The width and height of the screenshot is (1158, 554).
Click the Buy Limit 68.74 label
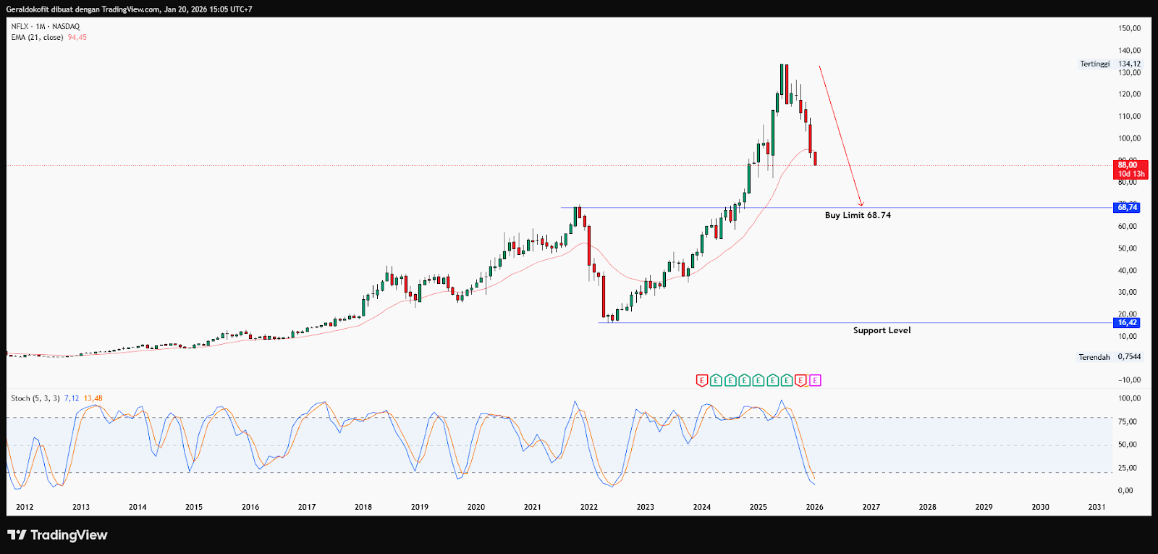coord(858,215)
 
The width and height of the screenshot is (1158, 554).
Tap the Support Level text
coord(882,330)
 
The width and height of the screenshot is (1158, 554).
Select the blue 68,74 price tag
coord(1127,208)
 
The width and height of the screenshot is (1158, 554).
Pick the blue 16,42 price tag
coord(1127,323)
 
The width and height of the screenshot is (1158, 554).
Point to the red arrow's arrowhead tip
coord(862,206)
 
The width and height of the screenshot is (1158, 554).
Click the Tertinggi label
coord(1094,64)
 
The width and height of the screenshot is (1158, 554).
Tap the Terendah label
coord(1094,357)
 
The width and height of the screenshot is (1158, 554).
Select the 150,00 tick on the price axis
coord(1129,28)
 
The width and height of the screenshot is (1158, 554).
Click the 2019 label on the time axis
coord(420,507)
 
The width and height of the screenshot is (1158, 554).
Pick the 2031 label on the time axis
coord(1096,507)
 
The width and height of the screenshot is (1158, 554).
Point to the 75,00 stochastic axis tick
coord(1129,421)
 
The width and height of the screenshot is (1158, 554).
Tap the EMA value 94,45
coord(77,38)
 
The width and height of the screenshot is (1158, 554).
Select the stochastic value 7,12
coord(71,398)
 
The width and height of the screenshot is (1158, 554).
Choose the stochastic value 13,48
coord(93,398)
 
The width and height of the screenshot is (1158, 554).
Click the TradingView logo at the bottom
coord(57,535)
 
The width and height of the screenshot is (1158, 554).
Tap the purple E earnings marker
coord(815,380)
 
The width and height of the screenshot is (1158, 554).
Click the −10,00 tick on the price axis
coord(1129,379)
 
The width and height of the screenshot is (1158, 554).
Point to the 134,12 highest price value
coord(1129,64)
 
